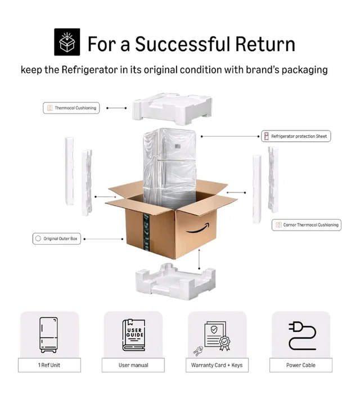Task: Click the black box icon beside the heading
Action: pos(67,42)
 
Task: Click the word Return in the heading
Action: pos(265,44)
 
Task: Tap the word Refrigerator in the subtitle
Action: pos(89,70)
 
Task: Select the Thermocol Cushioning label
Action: pos(71,108)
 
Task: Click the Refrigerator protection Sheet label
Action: pos(296,136)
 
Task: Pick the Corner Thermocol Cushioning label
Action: pos(307,225)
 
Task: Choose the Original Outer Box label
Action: pos(57,238)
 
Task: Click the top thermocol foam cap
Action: pos(172,109)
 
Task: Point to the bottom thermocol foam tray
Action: pos(175,282)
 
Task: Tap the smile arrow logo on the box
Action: pos(197,228)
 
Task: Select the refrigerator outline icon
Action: pos(48,335)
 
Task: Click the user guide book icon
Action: pos(134,335)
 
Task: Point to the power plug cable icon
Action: pos(302,336)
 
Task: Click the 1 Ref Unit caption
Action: pos(49,365)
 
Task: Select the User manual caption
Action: pos(133,365)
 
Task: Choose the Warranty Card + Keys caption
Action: pos(217,365)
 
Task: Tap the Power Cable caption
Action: pos(301,365)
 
